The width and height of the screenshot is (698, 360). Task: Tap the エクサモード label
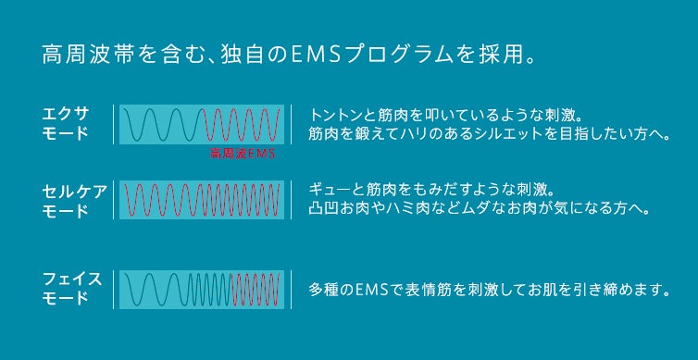(67, 123)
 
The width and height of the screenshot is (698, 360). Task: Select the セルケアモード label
(75, 201)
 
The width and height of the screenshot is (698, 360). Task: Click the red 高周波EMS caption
(243, 154)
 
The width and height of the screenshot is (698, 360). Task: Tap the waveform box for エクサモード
(199, 123)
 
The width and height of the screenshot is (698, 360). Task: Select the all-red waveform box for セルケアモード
(199, 200)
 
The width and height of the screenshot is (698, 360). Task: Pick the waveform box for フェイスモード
(199, 289)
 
